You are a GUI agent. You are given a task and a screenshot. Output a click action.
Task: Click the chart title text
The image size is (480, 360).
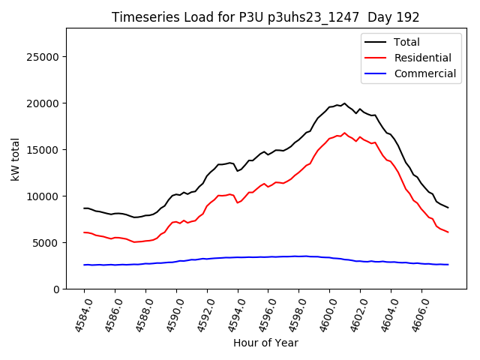pos(265,17)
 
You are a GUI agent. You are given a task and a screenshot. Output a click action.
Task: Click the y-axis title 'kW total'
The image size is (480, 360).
pos(15,159)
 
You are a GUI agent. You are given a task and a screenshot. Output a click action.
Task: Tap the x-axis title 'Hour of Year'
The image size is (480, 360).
pos(265,343)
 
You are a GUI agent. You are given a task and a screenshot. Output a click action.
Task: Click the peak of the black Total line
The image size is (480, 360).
pos(344,103)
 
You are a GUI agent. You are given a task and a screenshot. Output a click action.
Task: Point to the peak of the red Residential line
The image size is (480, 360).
pos(344,133)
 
